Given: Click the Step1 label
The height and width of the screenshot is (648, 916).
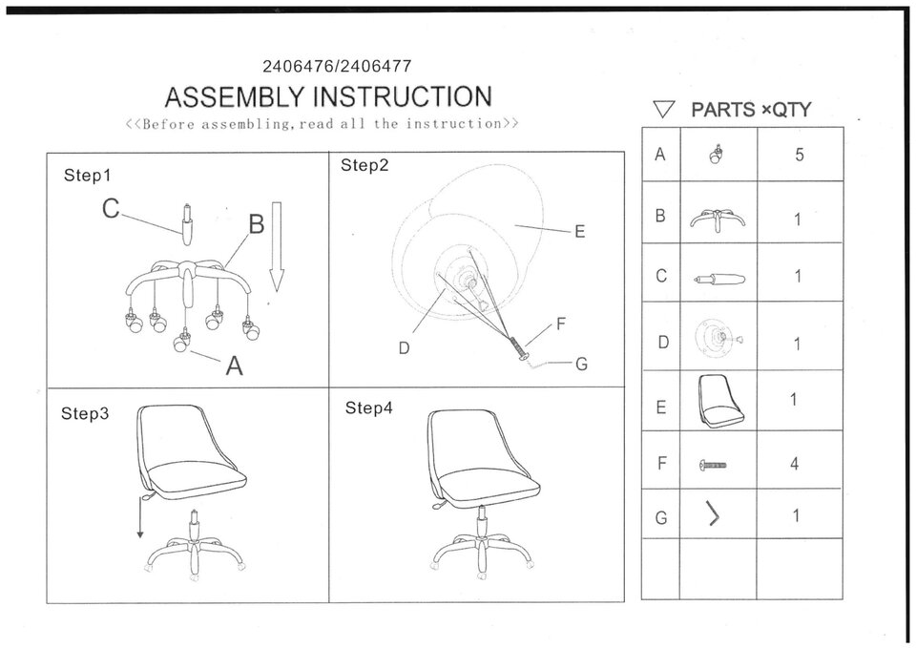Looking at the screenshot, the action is point(87,176).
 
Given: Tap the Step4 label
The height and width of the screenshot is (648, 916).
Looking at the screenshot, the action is point(368,408).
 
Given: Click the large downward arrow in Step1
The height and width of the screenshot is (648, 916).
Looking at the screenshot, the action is point(277,246).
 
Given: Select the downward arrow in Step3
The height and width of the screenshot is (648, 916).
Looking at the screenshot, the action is point(140,517).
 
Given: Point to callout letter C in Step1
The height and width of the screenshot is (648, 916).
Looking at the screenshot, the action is point(111,209).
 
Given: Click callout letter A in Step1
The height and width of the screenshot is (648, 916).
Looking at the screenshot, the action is point(234,366).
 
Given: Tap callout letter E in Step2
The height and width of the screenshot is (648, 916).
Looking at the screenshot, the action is point(579,231).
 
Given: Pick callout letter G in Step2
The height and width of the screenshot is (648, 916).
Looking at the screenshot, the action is point(581,364).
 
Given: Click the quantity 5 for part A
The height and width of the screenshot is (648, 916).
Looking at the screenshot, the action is point(800,155).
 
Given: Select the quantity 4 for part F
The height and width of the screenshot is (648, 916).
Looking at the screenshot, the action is point(795,464).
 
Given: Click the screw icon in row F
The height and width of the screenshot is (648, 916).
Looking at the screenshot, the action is point(713,465).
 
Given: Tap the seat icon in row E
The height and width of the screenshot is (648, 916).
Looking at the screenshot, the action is point(721,401).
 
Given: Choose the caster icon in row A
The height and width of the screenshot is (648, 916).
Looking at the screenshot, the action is point(714,154).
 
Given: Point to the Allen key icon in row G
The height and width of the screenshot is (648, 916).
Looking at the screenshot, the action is point(712,513).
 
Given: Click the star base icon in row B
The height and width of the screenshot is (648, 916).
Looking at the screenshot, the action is point(718,219).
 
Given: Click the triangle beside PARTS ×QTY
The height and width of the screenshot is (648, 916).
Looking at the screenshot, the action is point(664,109).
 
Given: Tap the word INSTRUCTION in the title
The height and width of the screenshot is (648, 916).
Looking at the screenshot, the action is point(403,96).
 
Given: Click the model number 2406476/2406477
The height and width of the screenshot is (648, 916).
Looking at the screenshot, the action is point(337,66).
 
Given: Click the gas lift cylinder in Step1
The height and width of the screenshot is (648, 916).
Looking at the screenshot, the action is point(187,225).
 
